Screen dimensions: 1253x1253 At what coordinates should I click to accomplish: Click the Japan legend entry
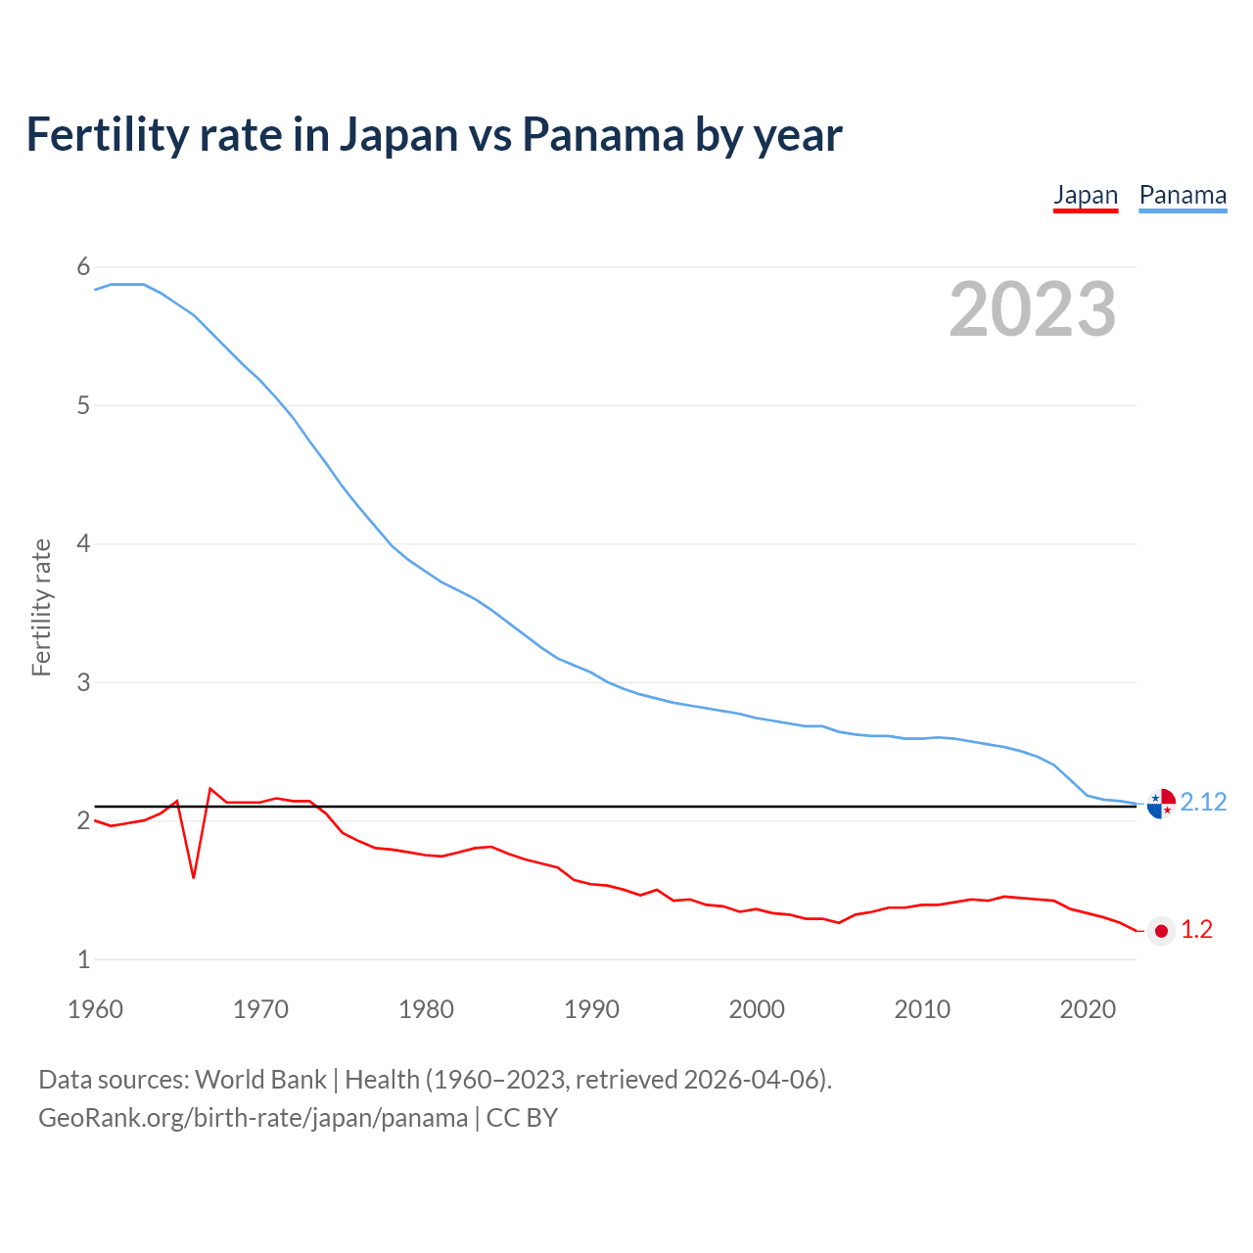pos(1085,195)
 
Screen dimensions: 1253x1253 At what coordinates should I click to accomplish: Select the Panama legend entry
pos(1183,195)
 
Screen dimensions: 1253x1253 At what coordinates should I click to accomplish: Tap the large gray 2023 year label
pos(1032,309)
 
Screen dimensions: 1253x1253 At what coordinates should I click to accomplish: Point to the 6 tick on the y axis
pos(83,267)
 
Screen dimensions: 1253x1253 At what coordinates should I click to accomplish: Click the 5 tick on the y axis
pos(83,405)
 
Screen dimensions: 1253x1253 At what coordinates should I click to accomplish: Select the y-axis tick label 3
pos(83,682)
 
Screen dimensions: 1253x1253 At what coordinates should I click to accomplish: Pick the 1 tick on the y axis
pos(83,959)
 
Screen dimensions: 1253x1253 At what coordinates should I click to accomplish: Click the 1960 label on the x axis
pos(95,1009)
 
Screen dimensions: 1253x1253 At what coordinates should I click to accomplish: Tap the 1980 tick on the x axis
pos(426,1009)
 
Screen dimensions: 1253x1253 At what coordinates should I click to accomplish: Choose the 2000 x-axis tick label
pos(757,1009)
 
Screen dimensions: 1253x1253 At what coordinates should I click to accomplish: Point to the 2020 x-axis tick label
pos(1088,1009)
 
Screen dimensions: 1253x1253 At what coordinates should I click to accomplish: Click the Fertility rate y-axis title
pos(41,607)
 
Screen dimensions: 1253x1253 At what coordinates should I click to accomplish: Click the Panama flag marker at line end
pos(1161,803)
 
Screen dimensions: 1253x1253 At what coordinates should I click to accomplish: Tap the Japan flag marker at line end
pos(1161,931)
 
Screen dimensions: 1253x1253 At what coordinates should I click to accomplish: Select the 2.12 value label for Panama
pos(1203,803)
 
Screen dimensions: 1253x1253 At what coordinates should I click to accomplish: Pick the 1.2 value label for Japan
pos(1196,930)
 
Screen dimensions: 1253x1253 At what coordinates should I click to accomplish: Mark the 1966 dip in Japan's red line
pos(194,876)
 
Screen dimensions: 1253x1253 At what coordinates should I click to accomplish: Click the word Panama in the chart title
pos(603,134)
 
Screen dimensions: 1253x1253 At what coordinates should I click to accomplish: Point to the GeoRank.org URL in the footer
pos(253,1118)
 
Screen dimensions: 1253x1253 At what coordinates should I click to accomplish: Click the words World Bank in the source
pos(260,1080)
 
